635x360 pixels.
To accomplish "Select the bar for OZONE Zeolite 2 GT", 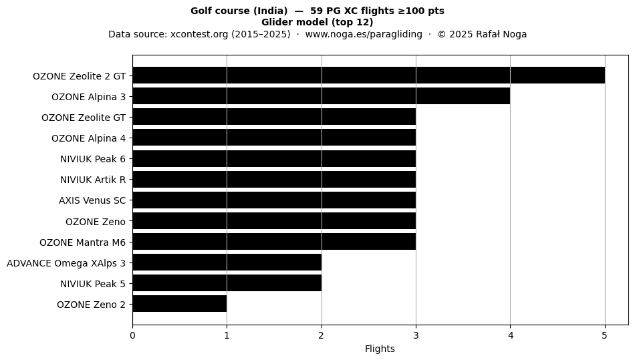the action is point(368,75).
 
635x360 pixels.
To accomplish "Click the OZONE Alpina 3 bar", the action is point(321,96).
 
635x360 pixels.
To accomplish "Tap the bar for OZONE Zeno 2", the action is point(180,304).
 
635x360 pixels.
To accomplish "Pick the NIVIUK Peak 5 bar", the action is point(227,283).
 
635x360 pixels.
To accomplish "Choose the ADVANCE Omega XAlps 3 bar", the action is point(227,262).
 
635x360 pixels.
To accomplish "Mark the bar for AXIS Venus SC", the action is point(274,200).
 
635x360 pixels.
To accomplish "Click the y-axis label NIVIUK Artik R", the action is point(93,180).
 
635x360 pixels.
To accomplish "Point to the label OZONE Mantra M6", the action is point(83,242).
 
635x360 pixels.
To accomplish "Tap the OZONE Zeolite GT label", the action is point(84,118).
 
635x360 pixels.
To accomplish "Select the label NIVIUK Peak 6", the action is point(93,159).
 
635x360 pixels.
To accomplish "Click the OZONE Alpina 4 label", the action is point(89,138).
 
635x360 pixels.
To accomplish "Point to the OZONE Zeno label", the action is point(96,222).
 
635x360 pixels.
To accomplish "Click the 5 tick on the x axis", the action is point(605,335).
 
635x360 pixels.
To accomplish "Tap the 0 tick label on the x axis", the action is point(132,335).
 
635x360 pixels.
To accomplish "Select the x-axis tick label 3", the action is point(416,335).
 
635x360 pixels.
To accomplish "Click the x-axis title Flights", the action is point(380,349).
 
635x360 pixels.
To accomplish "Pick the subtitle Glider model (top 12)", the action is point(317,22).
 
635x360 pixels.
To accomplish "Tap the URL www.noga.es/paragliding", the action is point(364,34).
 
